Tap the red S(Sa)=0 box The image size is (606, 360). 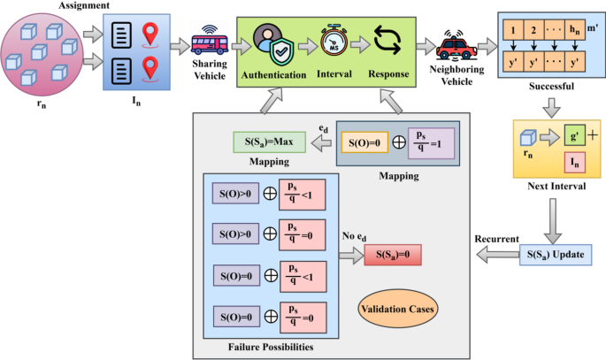click(x=392, y=256)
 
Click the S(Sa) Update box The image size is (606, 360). click(x=555, y=256)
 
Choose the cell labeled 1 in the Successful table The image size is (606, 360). click(x=512, y=31)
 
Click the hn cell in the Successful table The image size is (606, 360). click(x=577, y=31)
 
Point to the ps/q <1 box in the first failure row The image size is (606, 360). click(x=302, y=192)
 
